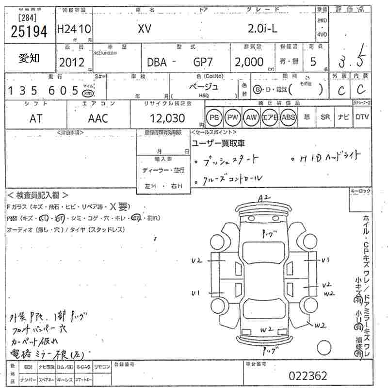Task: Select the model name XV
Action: [144, 30]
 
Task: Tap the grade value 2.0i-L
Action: [262, 29]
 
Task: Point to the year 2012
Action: [72, 63]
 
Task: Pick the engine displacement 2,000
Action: [249, 62]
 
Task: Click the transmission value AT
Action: [35, 118]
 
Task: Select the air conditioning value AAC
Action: [98, 118]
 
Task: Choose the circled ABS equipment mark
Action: [288, 117]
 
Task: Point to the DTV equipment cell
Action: [362, 117]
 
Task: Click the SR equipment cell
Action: [325, 117]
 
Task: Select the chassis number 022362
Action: [307, 376]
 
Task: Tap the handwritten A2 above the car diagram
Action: [264, 197]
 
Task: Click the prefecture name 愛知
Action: [30, 59]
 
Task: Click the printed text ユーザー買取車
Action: [218, 143]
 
